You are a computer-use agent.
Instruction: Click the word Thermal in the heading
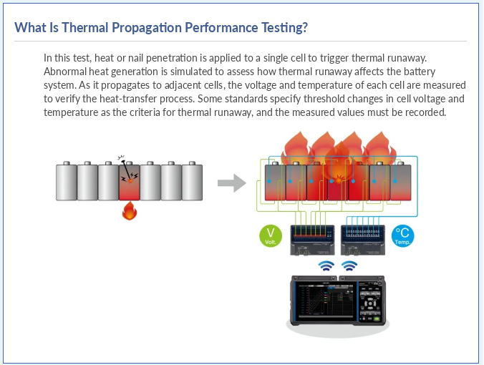(x=85, y=27)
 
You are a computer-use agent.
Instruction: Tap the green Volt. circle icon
(x=271, y=235)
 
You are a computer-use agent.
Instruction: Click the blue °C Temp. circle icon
(x=402, y=235)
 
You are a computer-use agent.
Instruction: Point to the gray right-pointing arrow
(x=232, y=183)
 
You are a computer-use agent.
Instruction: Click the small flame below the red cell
(x=130, y=210)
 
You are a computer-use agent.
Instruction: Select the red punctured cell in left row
(x=130, y=181)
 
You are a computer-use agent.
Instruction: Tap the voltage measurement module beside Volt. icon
(x=312, y=240)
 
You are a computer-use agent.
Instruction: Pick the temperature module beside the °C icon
(x=363, y=240)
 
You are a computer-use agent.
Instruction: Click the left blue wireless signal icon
(x=326, y=266)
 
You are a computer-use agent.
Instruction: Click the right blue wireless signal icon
(x=349, y=266)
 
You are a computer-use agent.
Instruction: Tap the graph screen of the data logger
(x=325, y=300)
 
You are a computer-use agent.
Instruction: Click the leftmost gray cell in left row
(x=67, y=181)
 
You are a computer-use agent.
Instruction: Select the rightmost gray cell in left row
(x=192, y=181)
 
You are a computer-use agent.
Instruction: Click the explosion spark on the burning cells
(x=339, y=179)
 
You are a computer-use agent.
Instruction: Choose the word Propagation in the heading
(x=147, y=28)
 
